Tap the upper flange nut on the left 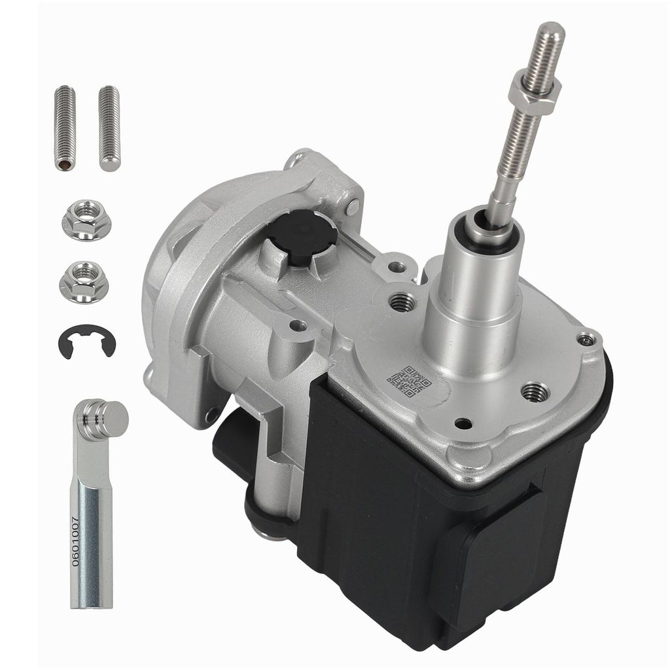[87, 220]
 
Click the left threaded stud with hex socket [65, 128]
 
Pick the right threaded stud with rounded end [109, 128]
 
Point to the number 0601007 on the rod [75, 541]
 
